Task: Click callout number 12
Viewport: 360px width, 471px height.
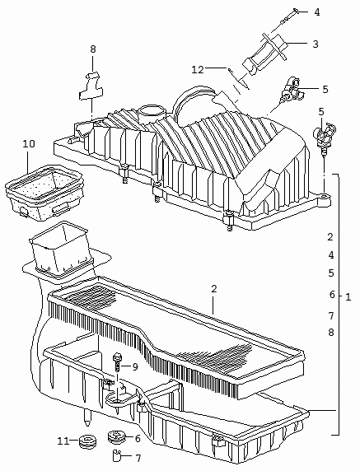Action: [x=198, y=70]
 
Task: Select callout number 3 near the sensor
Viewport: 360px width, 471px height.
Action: [x=316, y=44]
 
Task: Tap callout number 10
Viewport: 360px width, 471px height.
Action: [x=29, y=144]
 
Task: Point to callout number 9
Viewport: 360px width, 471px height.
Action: [x=135, y=366]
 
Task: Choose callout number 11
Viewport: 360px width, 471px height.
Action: [x=63, y=441]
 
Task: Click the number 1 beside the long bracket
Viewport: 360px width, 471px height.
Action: [x=348, y=297]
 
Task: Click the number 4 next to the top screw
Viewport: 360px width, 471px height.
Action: [x=317, y=12]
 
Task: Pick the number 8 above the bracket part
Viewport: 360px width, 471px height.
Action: [x=93, y=49]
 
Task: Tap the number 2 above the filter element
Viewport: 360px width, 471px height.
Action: [x=213, y=289]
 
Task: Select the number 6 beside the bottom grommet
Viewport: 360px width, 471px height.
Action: [x=138, y=439]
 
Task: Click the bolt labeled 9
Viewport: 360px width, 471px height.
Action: [x=116, y=362]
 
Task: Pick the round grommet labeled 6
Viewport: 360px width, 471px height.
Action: [x=116, y=436]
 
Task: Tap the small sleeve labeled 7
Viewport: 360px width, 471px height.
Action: [x=116, y=455]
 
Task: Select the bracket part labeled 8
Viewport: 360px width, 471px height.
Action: [x=91, y=86]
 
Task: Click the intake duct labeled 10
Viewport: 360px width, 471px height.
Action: [x=44, y=192]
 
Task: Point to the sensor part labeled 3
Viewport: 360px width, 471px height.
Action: [x=264, y=54]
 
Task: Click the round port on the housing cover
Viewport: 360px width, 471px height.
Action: [x=152, y=112]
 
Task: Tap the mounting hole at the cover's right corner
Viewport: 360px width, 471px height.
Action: [x=323, y=197]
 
